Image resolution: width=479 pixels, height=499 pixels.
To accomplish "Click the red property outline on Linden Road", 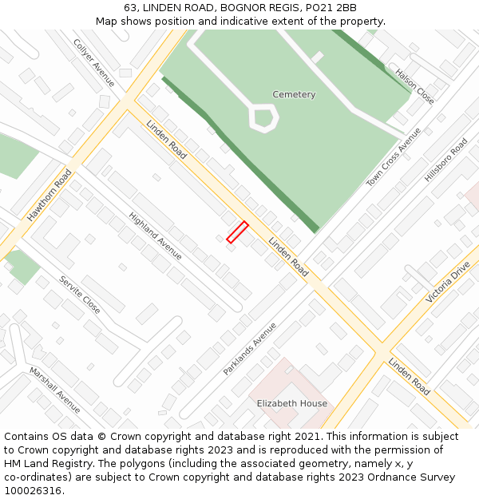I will point(237,232).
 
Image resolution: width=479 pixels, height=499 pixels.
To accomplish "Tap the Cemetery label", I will point(294,94).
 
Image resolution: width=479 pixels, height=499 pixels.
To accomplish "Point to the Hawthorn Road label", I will point(49,194).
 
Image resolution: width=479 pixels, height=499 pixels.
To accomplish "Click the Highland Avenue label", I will point(155,236).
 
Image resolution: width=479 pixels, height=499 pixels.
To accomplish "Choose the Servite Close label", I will point(80,295).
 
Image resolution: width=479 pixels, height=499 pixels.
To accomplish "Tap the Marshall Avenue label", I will point(54,390).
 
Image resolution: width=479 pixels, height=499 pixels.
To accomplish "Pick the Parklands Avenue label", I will point(250,348).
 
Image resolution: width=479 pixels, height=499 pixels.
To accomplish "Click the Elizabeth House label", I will point(291,403).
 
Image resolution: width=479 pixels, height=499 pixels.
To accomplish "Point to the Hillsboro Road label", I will point(445,160).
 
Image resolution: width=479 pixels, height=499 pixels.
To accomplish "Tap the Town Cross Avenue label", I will point(393,157).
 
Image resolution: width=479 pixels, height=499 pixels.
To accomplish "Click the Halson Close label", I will point(415,86).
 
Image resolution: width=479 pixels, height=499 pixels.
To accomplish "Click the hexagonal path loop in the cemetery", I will point(263,118).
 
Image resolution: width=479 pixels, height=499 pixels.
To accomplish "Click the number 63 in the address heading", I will point(130,8).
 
